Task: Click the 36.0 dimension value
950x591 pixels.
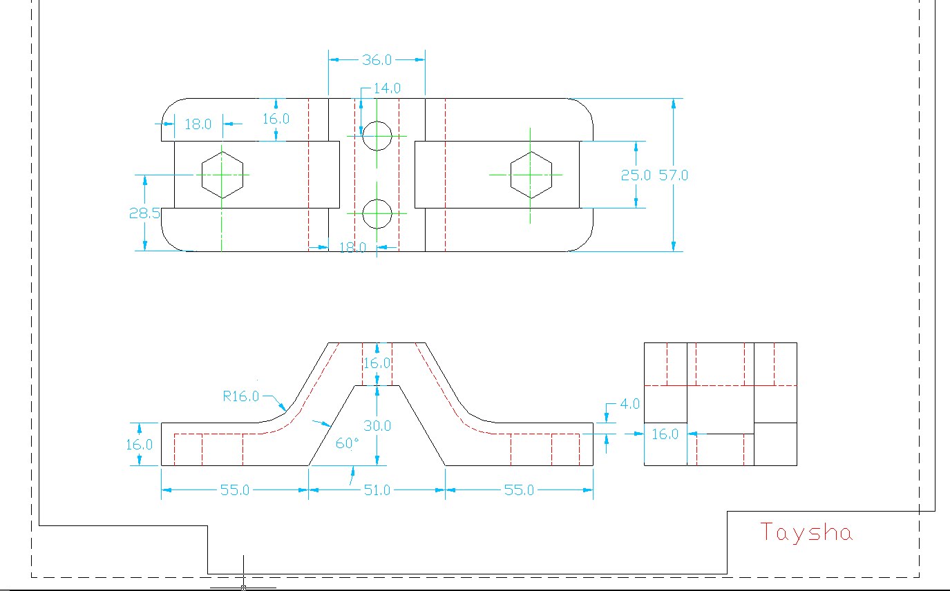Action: pos(377,61)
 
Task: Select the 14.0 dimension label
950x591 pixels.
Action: pos(387,88)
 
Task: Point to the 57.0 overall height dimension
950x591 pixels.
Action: pos(673,175)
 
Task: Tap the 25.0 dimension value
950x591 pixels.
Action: pos(635,175)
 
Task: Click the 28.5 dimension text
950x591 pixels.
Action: pos(144,213)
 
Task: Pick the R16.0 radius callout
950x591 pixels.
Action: pos(240,396)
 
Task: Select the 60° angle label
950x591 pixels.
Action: pos(348,444)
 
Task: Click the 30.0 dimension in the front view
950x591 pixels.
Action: pos(377,426)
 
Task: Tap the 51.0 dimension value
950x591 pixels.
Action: pos(377,490)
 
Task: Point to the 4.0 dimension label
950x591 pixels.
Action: pos(629,404)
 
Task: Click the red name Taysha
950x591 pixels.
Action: pos(806,532)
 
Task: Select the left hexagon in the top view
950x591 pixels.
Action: pos(222,175)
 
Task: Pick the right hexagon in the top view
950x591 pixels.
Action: pos(531,175)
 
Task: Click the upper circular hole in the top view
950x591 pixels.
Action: pos(377,136)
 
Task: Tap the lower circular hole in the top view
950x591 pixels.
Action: pos(377,214)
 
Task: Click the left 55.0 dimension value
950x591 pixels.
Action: pos(234,490)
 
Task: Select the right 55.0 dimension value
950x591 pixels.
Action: pos(519,490)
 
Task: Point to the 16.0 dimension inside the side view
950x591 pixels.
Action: pos(665,434)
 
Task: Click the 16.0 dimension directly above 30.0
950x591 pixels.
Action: pos(377,363)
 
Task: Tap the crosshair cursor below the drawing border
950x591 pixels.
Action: pos(243,588)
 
